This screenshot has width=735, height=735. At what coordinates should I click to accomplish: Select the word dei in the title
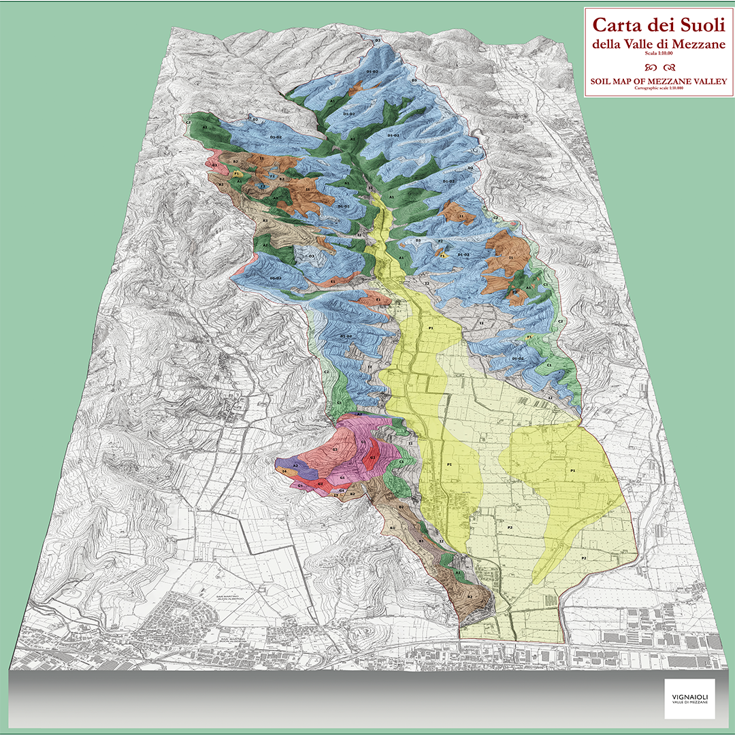651,26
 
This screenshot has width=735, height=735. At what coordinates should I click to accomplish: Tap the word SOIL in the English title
603,82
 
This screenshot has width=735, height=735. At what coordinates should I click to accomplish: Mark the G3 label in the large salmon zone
335,450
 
